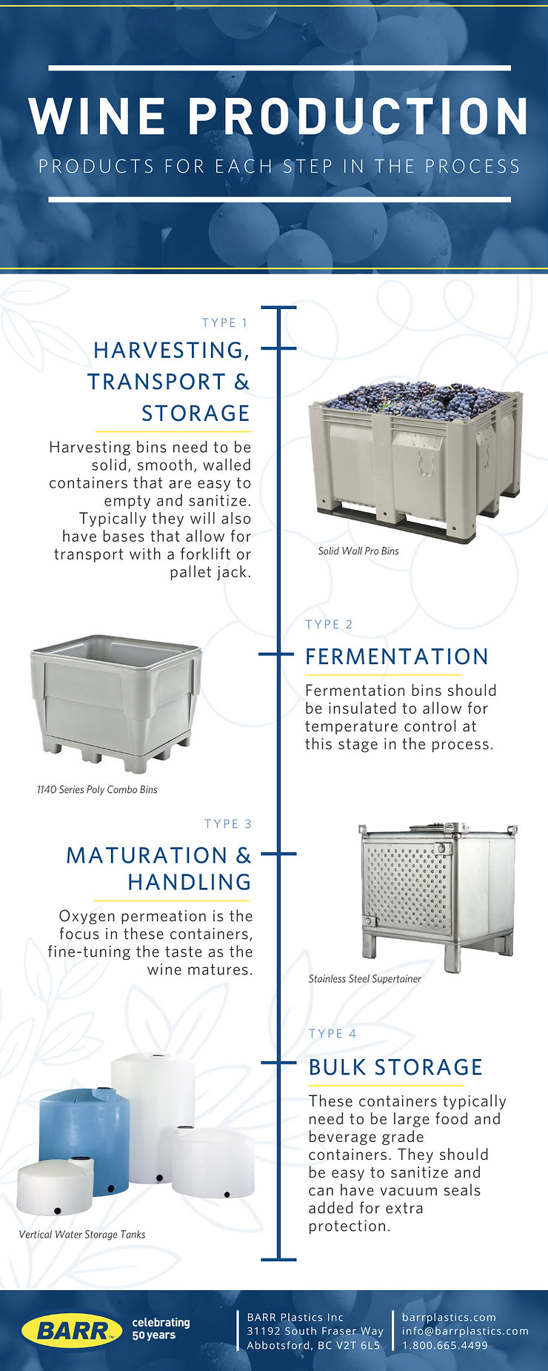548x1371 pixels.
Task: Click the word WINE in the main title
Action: [x=98, y=116]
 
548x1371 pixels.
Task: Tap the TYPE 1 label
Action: [x=225, y=323]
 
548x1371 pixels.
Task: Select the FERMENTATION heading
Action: [x=397, y=657]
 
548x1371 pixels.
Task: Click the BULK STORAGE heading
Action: [x=395, y=1067]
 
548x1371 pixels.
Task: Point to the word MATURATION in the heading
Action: [x=147, y=855]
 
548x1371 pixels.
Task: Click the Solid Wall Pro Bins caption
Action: [x=358, y=551]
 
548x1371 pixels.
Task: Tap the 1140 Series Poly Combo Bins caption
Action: [x=97, y=789]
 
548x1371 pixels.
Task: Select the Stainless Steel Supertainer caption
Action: [x=364, y=979]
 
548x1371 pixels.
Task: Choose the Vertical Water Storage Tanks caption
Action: [x=82, y=1235]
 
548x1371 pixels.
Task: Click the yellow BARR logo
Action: [x=71, y=1330]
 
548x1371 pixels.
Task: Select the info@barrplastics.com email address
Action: [x=465, y=1331]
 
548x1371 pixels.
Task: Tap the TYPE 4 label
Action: [x=333, y=1034]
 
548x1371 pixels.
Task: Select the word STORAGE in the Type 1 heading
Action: [x=196, y=413]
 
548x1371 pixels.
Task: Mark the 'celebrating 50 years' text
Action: [x=161, y=1329]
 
